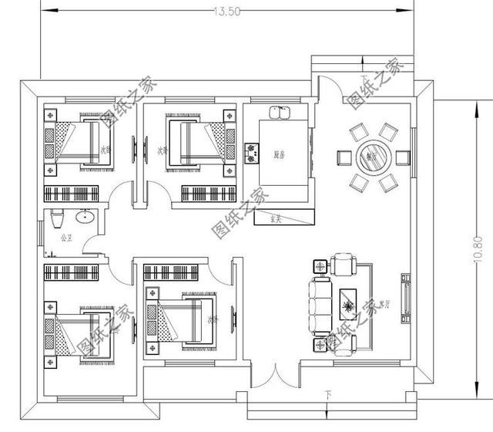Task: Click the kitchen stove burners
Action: pos(251,151)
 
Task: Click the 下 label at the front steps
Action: pos(329,396)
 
